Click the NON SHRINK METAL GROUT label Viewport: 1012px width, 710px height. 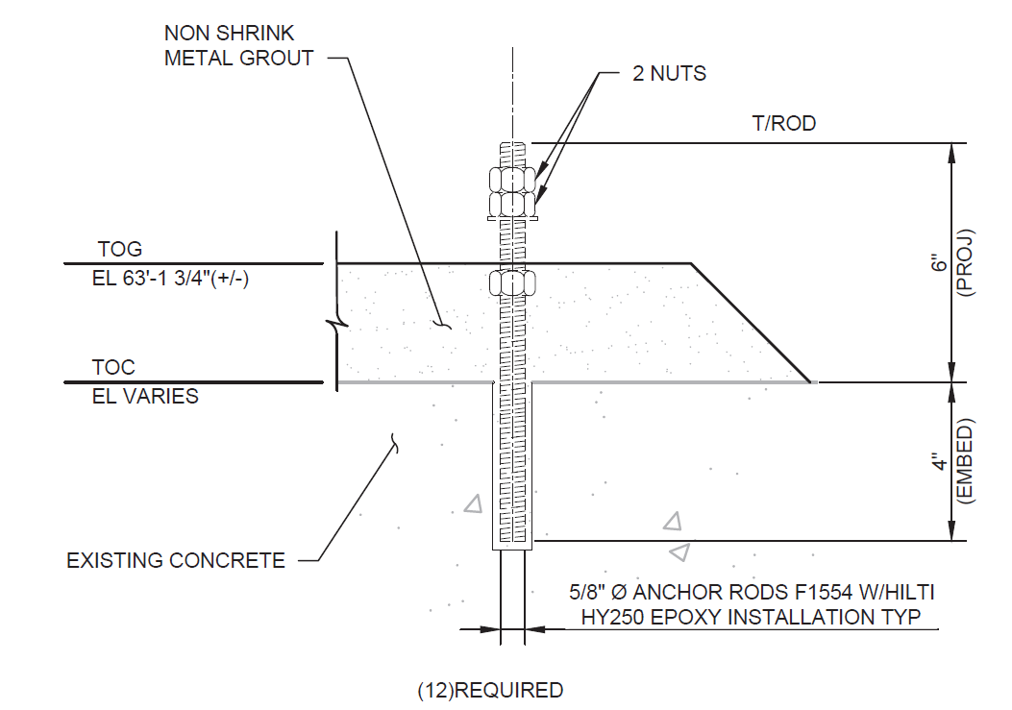pos(238,46)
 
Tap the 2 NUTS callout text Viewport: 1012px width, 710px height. pos(669,74)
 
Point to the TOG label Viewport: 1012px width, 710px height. pos(119,249)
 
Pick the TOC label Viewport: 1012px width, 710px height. pos(113,368)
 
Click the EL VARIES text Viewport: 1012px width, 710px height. pos(145,396)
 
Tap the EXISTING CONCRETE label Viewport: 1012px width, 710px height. pos(176,560)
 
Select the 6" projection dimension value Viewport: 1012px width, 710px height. pos(939,262)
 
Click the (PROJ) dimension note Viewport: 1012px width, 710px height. pos(967,262)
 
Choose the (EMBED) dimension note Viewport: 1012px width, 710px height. pos(967,462)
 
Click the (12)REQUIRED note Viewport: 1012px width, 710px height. pos(490,690)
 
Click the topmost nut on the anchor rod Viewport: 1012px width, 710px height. pos(512,180)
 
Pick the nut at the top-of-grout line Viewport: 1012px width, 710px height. pos(512,282)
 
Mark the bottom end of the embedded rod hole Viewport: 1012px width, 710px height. pos(512,549)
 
